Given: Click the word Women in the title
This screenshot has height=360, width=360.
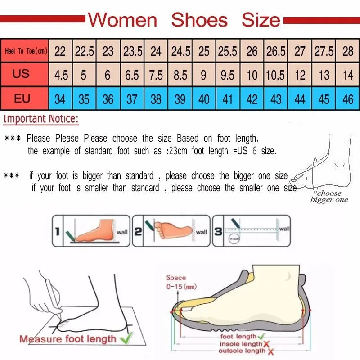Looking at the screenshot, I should (x=122, y=20).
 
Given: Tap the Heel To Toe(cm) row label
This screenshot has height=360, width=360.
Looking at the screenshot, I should (x=26, y=51).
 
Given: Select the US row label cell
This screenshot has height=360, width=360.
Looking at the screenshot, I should (x=21, y=74).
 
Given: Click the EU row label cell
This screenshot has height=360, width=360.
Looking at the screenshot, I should (x=22, y=99).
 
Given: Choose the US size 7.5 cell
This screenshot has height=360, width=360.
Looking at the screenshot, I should (x=156, y=75).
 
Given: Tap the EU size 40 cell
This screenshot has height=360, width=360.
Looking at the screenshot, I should (x=204, y=99).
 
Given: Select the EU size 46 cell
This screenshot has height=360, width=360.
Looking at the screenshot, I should (x=348, y=99).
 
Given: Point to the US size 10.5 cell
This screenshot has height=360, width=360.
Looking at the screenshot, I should (x=275, y=75).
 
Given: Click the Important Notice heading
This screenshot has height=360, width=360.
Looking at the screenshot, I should (x=41, y=120).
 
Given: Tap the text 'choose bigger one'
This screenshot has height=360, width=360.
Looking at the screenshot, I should (x=329, y=197).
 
